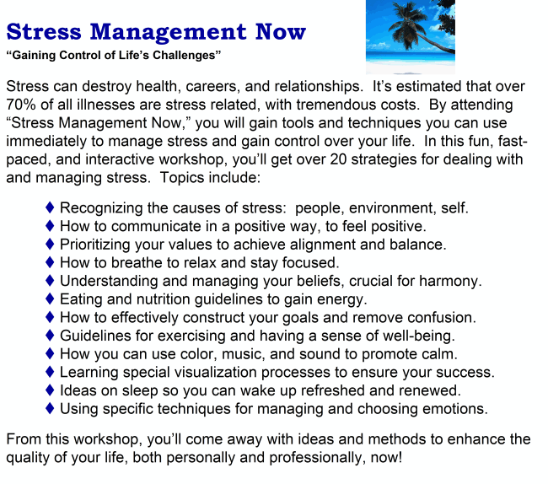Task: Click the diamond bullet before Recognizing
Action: click(51, 207)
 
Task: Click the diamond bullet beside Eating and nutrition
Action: click(51, 299)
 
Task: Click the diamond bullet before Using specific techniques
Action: click(51, 409)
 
